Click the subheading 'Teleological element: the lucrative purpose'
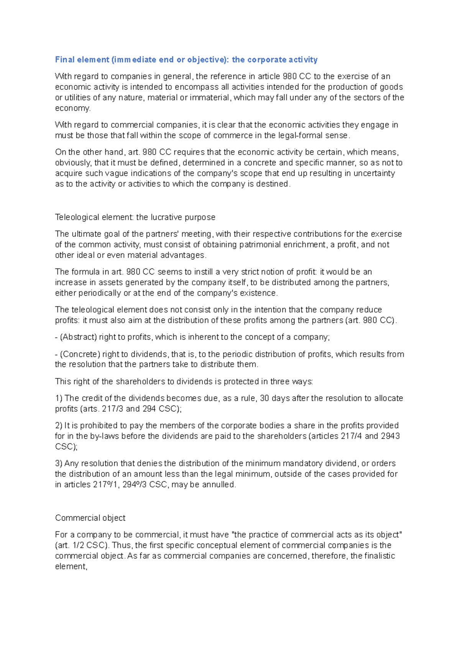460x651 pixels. click(x=135, y=217)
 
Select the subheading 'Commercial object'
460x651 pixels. click(x=90, y=518)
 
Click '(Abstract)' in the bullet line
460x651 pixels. click(x=78, y=337)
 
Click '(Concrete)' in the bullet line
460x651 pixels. click(x=80, y=354)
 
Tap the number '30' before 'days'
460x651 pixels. click(x=264, y=398)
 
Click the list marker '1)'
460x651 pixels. click(x=59, y=398)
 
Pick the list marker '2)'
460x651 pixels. click(x=59, y=426)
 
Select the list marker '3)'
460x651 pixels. click(x=59, y=464)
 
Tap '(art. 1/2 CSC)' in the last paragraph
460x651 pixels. click(x=82, y=546)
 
